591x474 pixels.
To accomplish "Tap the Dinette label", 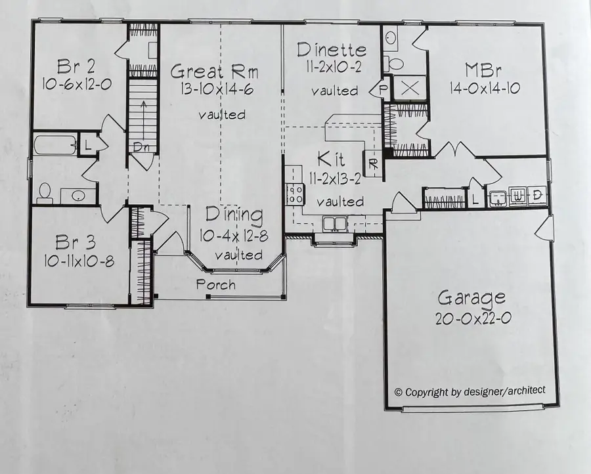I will point(331,50).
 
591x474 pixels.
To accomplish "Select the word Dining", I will point(234,215).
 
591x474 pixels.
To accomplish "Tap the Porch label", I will point(216,285).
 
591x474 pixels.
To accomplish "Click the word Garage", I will point(471,298).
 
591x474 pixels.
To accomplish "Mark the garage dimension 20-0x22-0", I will point(471,318).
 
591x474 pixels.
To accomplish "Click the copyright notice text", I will point(470,391).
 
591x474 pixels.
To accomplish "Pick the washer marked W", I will point(518,196).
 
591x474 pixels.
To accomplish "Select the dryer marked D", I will point(537,196).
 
